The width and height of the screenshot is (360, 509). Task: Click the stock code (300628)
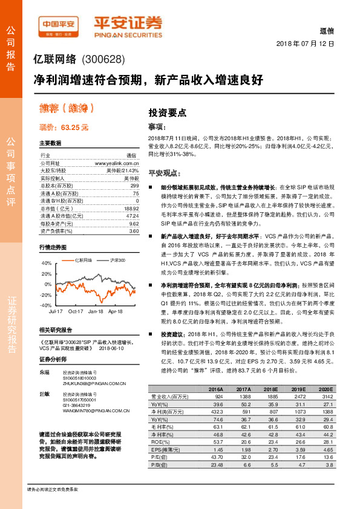point(103,59)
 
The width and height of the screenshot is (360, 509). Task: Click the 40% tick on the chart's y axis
point(47,264)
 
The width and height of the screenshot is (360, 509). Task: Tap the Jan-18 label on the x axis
point(95,311)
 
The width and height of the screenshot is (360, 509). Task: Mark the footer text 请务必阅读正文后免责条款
point(53,488)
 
